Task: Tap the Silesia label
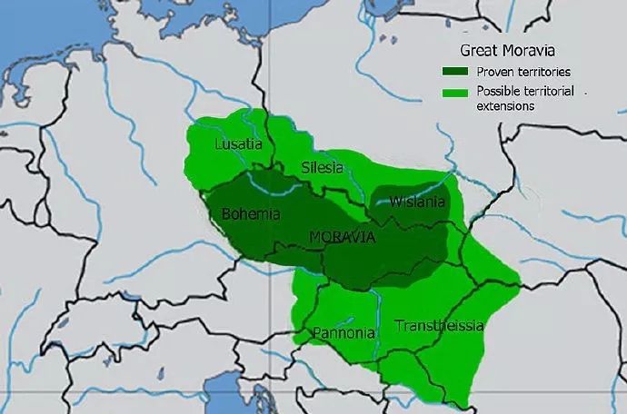pos(323,167)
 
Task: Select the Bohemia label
pos(251,214)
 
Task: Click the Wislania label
pos(417,202)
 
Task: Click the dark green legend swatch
pos(455,72)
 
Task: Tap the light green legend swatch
pos(455,92)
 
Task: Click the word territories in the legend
pos(543,72)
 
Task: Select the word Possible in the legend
pos(498,92)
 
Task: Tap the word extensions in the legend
pos(503,105)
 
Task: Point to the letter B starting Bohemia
pos(226,214)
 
